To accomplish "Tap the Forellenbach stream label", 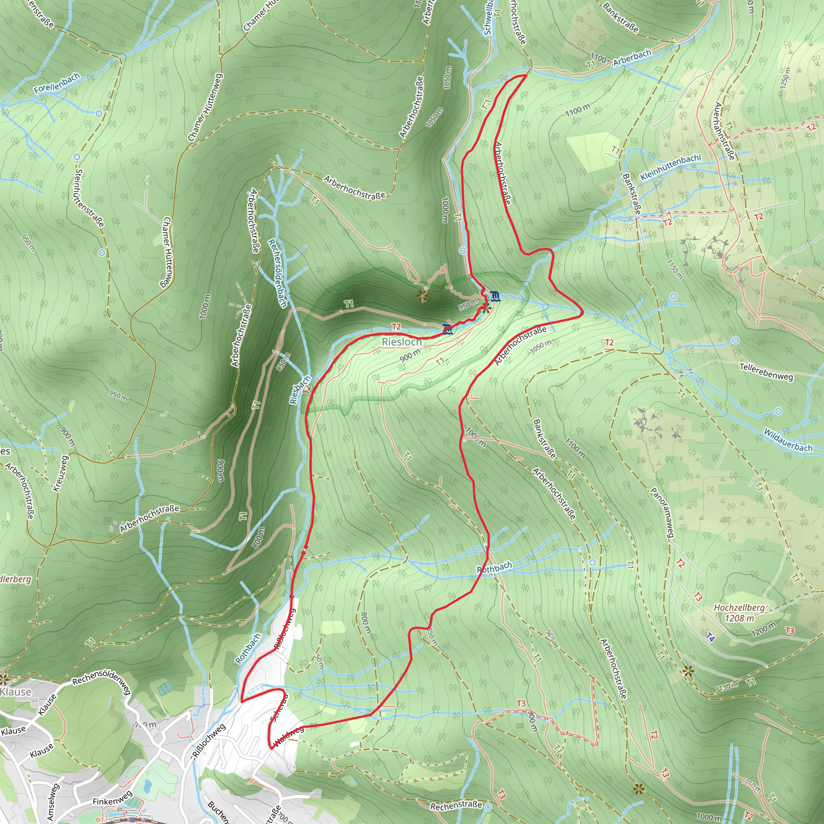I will pos(57,83).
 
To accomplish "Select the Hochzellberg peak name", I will pos(739,607).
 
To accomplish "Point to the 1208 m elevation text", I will pos(740,618).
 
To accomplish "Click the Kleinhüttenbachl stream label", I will pos(671,167).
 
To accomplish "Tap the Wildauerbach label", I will pos(788,440).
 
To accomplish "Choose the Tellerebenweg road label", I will pos(766,372).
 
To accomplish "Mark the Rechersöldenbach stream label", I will pos(277,273).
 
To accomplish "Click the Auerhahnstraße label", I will pos(725,131).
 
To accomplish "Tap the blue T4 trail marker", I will pos(710,637).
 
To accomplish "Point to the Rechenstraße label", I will pos(456,805).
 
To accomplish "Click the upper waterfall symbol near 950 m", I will pos(495,296).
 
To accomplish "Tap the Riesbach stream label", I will pos(300,390).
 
